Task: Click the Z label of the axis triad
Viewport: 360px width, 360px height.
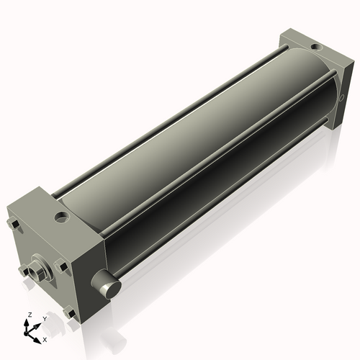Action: [30, 315]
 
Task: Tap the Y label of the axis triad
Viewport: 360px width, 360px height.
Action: [45, 318]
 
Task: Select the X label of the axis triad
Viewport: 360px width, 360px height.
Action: [45, 338]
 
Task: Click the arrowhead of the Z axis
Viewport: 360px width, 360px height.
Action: [29, 322]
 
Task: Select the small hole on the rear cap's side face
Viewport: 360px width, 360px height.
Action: [340, 95]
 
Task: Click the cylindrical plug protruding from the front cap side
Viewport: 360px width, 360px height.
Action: [108, 286]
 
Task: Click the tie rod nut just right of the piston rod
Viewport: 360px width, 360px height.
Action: [63, 267]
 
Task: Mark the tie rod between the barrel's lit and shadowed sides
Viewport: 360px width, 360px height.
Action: [216, 158]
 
